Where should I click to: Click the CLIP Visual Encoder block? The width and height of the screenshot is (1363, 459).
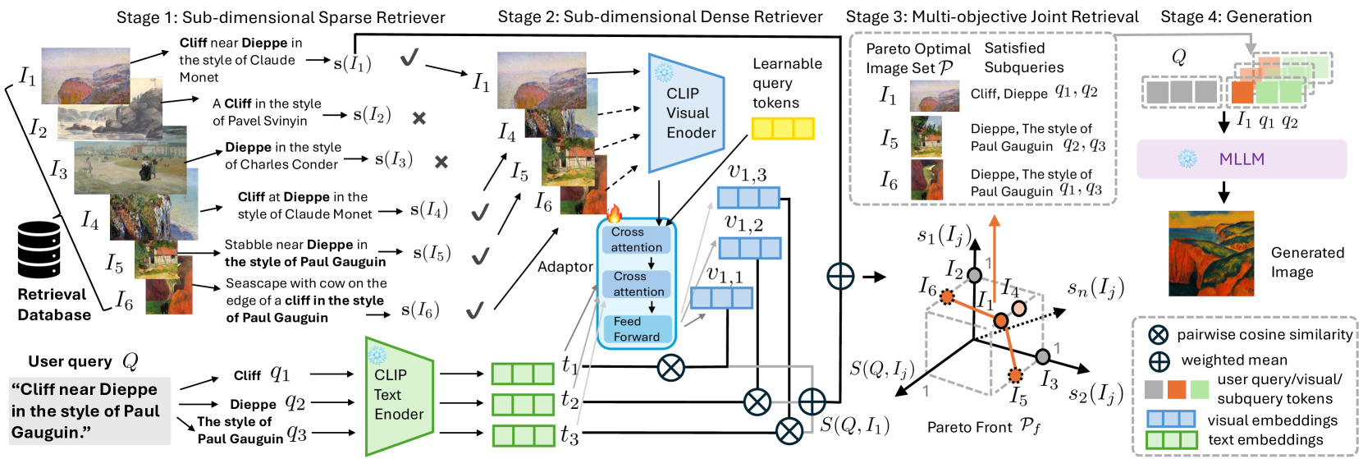click(686, 113)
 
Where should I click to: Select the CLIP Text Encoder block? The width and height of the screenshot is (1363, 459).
click(399, 395)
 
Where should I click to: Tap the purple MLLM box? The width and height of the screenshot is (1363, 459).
click(1241, 159)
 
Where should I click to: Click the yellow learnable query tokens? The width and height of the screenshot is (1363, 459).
click(783, 128)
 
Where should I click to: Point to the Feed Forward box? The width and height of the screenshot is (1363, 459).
click(636, 329)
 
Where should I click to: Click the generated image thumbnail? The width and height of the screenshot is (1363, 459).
click(1211, 254)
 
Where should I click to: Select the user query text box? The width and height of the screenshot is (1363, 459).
click(86, 411)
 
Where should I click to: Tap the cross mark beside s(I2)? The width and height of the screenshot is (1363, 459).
click(419, 118)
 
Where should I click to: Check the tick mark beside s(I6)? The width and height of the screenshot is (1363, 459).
click(474, 310)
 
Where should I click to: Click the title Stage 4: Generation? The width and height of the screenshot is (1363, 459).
click(1236, 16)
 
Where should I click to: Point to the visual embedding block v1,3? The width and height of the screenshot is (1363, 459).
click(748, 197)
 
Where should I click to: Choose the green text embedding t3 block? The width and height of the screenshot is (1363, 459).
click(523, 435)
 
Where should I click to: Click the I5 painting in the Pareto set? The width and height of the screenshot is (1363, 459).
click(926, 137)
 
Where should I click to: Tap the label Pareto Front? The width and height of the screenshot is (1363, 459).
click(983, 427)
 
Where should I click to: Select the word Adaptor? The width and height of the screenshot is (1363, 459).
click(565, 267)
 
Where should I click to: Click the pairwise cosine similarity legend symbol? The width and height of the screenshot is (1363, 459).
click(1158, 335)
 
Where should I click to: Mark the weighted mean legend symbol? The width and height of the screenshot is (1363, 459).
click(1159, 360)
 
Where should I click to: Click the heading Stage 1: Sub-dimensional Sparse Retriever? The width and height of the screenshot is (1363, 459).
click(281, 17)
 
